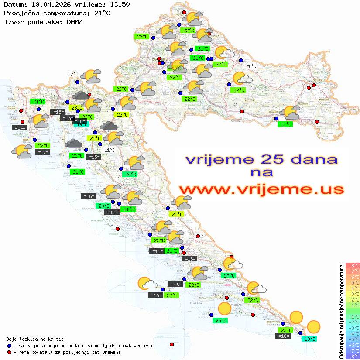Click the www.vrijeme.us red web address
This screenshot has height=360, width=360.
click(261, 189)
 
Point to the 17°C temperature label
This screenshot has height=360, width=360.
click(73, 75)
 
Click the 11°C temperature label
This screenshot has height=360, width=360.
click(110, 150)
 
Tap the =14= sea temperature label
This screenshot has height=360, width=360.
click(19, 128)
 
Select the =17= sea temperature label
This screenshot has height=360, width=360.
click(42, 152)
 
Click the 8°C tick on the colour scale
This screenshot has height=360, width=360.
click(353, 265)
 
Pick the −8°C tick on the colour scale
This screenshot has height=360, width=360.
click(353, 357)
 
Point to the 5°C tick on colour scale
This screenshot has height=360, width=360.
click(353, 282)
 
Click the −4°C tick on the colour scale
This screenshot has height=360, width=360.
click(353, 334)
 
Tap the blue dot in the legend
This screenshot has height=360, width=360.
click(9, 346)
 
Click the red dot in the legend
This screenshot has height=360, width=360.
click(9, 352)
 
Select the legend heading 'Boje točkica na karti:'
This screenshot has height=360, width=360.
click(35, 339)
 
